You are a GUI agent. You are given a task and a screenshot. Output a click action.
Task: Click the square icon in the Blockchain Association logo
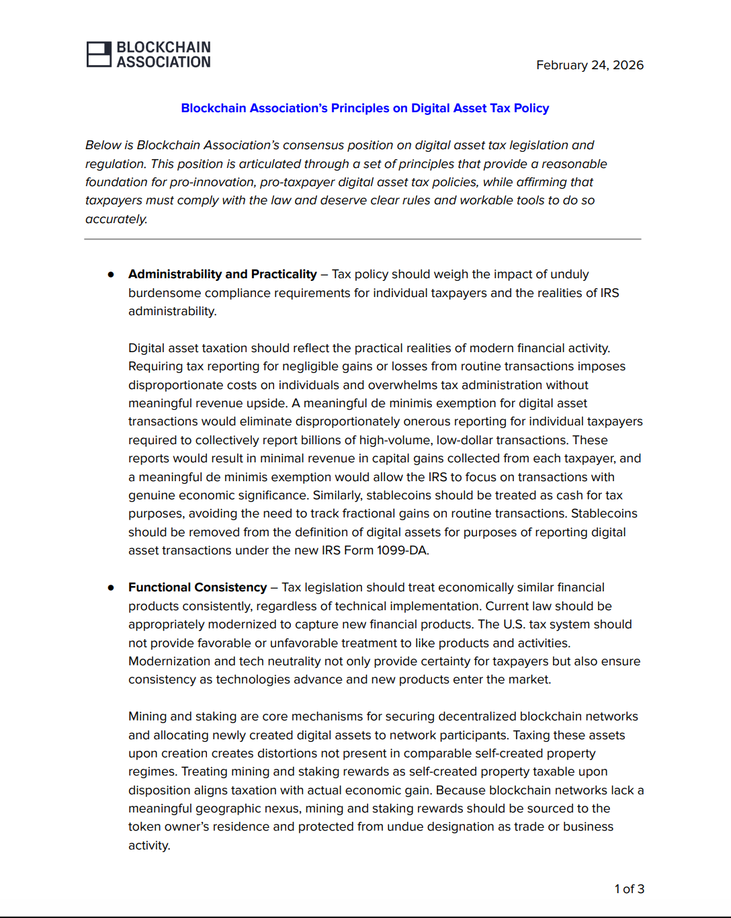[x=99, y=54]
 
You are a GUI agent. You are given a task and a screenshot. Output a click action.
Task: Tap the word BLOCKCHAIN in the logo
[x=163, y=47]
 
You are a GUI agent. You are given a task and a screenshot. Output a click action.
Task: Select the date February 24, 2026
[x=589, y=65]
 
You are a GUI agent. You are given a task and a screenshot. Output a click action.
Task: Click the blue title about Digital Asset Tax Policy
[x=365, y=108]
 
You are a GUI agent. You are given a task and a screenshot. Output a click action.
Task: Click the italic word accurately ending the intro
[x=116, y=219]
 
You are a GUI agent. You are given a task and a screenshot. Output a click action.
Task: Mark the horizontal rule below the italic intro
[x=363, y=239]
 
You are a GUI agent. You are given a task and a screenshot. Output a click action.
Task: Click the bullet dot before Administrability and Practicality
[x=111, y=275]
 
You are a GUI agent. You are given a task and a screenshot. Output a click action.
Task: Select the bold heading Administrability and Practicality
[x=222, y=274]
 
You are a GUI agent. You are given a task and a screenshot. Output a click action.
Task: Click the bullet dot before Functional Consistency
[x=111, y=588]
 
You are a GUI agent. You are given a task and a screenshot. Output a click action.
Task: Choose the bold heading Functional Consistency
[x=198, y=587]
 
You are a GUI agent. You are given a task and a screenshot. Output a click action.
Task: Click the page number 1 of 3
[x=629, y=889]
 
